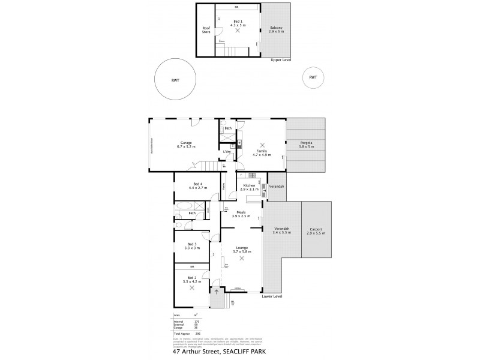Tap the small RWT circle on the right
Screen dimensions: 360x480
(313, 77)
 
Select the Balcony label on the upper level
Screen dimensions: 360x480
(276, 29)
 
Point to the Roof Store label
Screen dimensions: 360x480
(206, 29)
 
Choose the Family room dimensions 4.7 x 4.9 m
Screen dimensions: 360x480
(262, 155)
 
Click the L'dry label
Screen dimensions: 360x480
(227, 152)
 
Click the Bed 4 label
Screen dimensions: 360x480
(197, 184)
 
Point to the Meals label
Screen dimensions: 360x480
(241, 212)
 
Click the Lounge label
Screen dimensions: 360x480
(242, 247)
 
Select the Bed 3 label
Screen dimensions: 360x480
(191, 244)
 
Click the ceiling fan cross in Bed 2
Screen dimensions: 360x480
(192, 287)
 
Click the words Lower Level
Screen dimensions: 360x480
(272, 296)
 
